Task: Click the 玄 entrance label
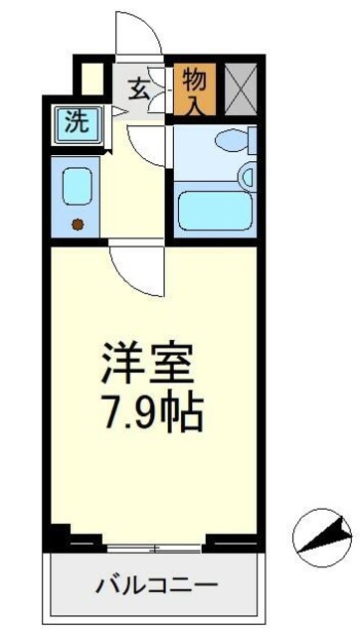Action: pyautogui.click(x=139, y=88)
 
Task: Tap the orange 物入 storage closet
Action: pyautogui.click(x=194, y=90)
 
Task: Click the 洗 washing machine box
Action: pyautogui.click(x=76, y=122)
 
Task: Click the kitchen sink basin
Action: pyautogui.click(x=78, y=186)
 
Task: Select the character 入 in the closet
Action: pyautogui.click(x=194, y=103)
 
